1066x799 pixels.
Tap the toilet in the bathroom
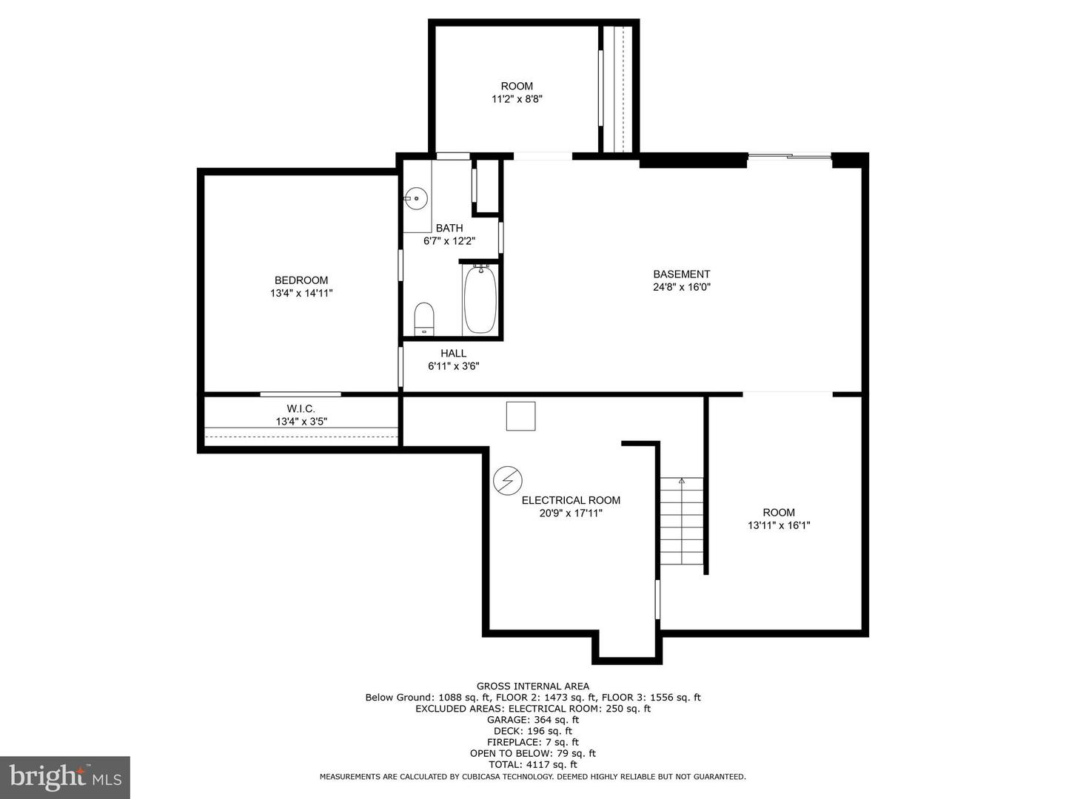423,318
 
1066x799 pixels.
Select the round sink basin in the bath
417,198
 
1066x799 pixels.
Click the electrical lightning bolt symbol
508,481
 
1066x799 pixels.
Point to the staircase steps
682,522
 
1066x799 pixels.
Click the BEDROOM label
301,280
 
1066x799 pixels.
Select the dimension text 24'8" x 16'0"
681,287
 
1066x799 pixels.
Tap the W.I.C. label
301,408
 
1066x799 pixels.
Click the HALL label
453,353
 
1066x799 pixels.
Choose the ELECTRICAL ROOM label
571,500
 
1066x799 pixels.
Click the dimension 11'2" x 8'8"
517,99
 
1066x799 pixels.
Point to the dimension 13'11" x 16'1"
779,525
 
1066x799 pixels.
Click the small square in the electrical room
520,416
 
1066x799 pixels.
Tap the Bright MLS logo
65,777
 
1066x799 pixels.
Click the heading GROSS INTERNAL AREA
533,686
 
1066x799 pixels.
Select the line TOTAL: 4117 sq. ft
533,764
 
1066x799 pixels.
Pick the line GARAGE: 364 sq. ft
533,719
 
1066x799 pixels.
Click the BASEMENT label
681,274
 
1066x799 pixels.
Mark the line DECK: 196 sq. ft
533,731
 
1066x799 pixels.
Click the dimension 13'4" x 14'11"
301,294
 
